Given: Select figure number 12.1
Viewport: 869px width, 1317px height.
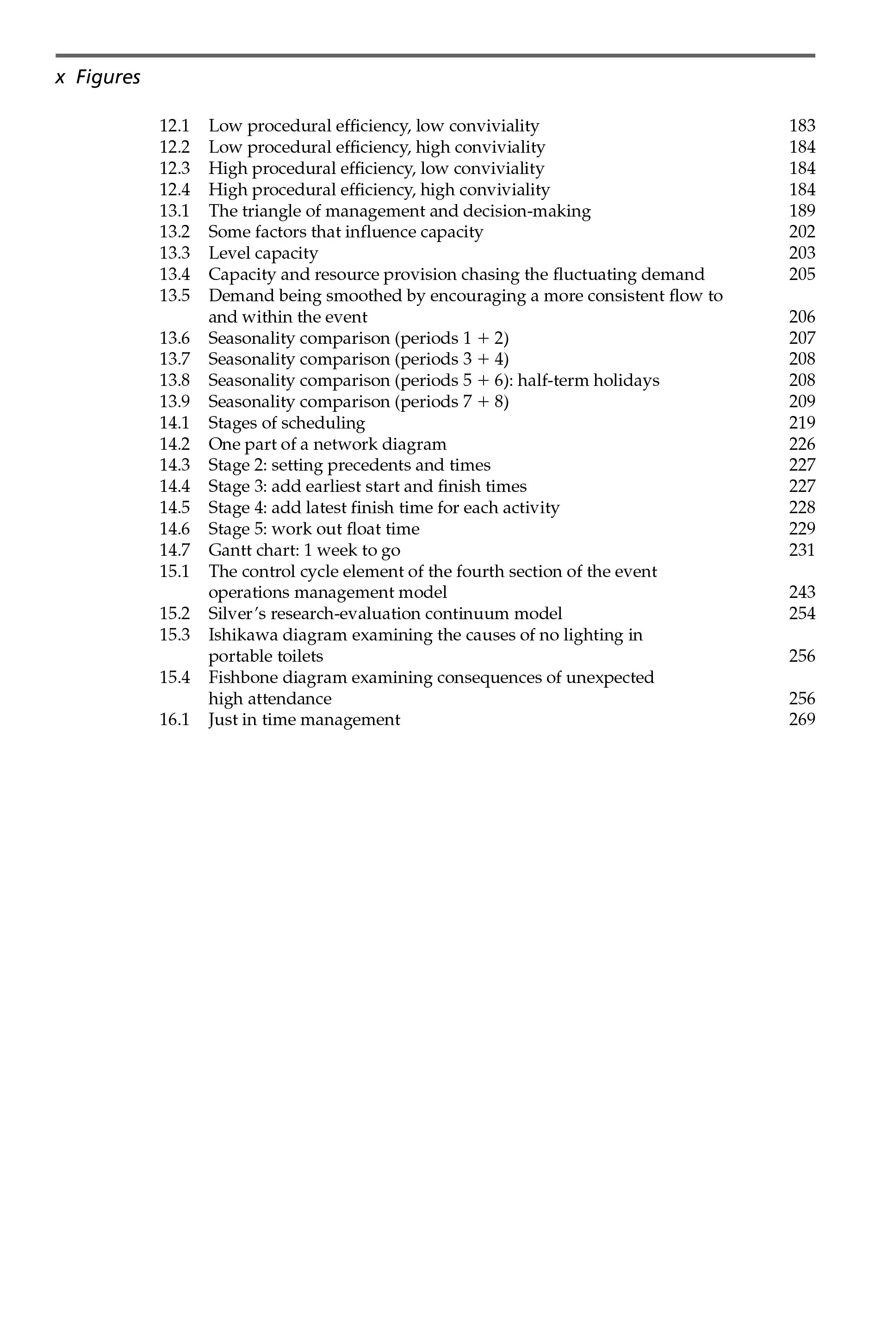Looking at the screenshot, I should point(174,126).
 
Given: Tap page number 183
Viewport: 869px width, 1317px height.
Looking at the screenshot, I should point(802,126).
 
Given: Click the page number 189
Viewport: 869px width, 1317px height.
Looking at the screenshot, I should point(802,211).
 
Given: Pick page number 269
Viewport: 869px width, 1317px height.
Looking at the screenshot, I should point(802,720).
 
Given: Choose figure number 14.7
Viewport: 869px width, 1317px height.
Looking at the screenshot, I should point(174,550).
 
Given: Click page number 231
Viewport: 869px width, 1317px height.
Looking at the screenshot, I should point(802,550).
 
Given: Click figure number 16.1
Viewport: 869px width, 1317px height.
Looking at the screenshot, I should point(174,720).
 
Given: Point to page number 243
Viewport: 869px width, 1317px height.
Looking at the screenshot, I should point(802,592).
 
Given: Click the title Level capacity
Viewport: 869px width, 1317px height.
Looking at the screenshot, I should point(263,253).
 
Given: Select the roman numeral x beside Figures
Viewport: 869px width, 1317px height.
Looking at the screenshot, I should point(60,78).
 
